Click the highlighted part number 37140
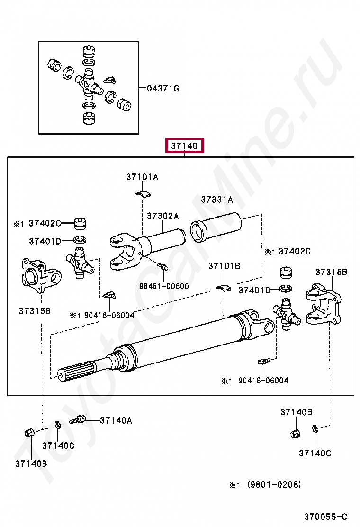tap(184, 146)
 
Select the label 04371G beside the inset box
tap(163, 89)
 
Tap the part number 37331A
tap(217, 200)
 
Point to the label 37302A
tap(163, 216)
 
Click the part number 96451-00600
tap(164, 286)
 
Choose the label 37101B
tap(225, 266)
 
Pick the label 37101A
tap(143, 177)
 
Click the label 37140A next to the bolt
tap(116, 420)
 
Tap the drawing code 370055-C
tap(325, 516)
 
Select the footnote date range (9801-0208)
tap(274, 484)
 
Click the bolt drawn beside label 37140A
tap(78, 420)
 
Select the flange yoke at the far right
tap(324, 304)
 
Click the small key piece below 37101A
tap(143, 193)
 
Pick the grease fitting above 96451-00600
tap(163, 266)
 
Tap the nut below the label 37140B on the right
tap(295, 433)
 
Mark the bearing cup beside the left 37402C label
tap(80, 224)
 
